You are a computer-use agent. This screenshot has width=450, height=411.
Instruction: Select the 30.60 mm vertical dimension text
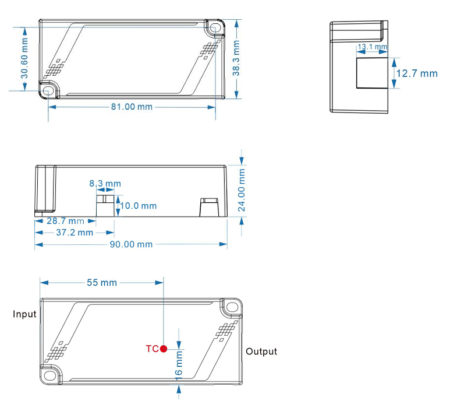(24, 58)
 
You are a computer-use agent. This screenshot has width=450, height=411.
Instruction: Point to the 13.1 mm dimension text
(371, 47)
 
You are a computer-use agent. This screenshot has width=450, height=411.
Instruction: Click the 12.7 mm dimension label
(416, 73)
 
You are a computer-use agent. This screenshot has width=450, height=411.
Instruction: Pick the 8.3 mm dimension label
(105, 184)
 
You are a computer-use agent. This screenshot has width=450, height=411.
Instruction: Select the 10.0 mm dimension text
(139, 206)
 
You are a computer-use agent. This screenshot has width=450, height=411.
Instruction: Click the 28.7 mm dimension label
(65, 221)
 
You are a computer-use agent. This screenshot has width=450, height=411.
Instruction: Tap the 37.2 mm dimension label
(73, 233)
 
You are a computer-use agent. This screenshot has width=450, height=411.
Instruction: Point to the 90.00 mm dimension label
(131, 244)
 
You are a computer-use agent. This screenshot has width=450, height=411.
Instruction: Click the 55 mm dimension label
(102, 283)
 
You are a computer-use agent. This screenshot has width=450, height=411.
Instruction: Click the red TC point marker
(164, 349)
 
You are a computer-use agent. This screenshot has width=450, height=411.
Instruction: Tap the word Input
(25, 314)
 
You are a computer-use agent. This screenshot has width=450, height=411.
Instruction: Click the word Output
(261, 352)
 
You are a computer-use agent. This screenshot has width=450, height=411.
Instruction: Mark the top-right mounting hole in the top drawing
(214, 27)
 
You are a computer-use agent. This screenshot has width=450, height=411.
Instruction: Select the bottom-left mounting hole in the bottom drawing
(48, 375)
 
